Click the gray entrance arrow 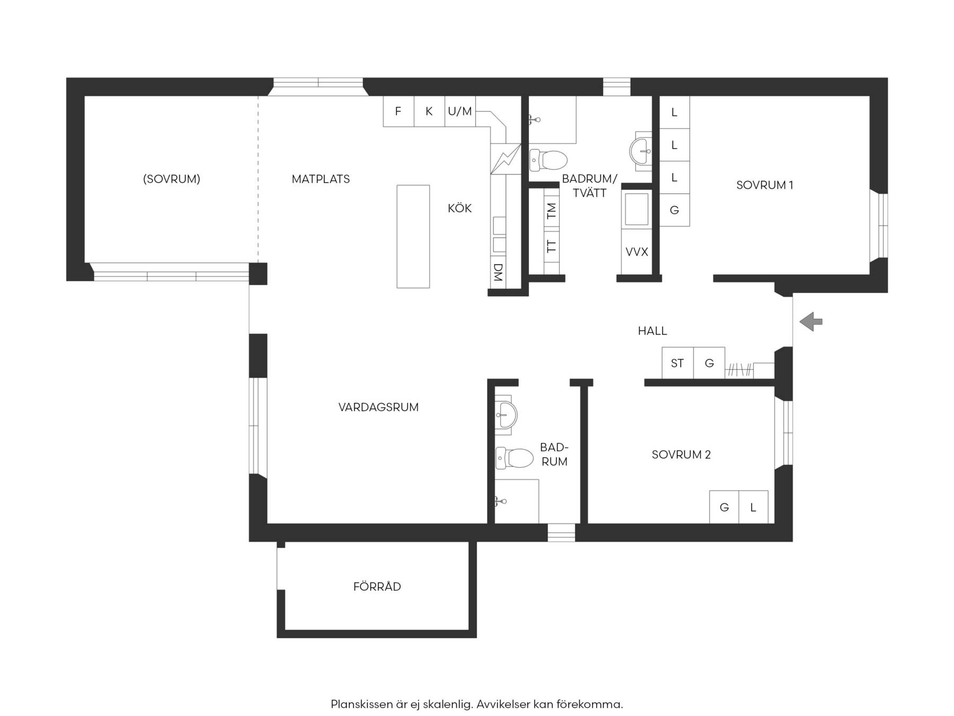pyautogui.click(x=811, y=321)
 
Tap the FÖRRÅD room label pyautogui.click(x=377, y=587)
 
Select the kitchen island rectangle pyautogui.click(x=413, y=237)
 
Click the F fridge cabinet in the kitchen pyautogui.click(x=399, y=111)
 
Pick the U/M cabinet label pyautogui.click(x=460, y=111)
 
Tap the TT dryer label pyautogui.click(x=552, y=246)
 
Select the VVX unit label pyautogui.click(x=637, y=252)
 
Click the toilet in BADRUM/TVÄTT pyautogui.click(x=548, y=160)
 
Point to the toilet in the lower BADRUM pyautogui.click(x=514, y=458)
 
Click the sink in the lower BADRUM pyautogui.click(x=506, y=414)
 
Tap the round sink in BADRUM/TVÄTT pyautogui.click(x=641, y=151)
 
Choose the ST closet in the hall pyautogui.click(x=678, y=363)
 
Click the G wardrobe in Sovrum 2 pyautogui.click(x=724, y=508)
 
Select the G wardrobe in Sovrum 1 pyautogui.click(x=674, y=210)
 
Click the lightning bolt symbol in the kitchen pyautogui.click(x=506, y=159)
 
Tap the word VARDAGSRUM pyautogui.click(x=378, y=407)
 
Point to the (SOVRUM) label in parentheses pyautogui.click(x=172, y=179)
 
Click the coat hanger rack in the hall pyautogui.click(x=739, y=370)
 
